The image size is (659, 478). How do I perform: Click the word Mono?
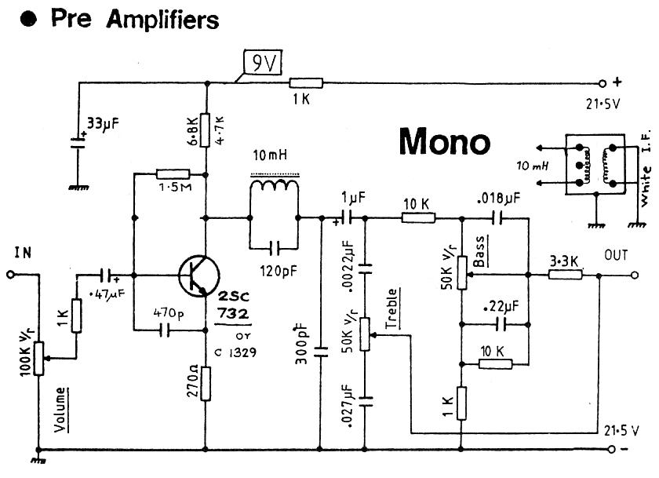[x=445, y=141]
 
